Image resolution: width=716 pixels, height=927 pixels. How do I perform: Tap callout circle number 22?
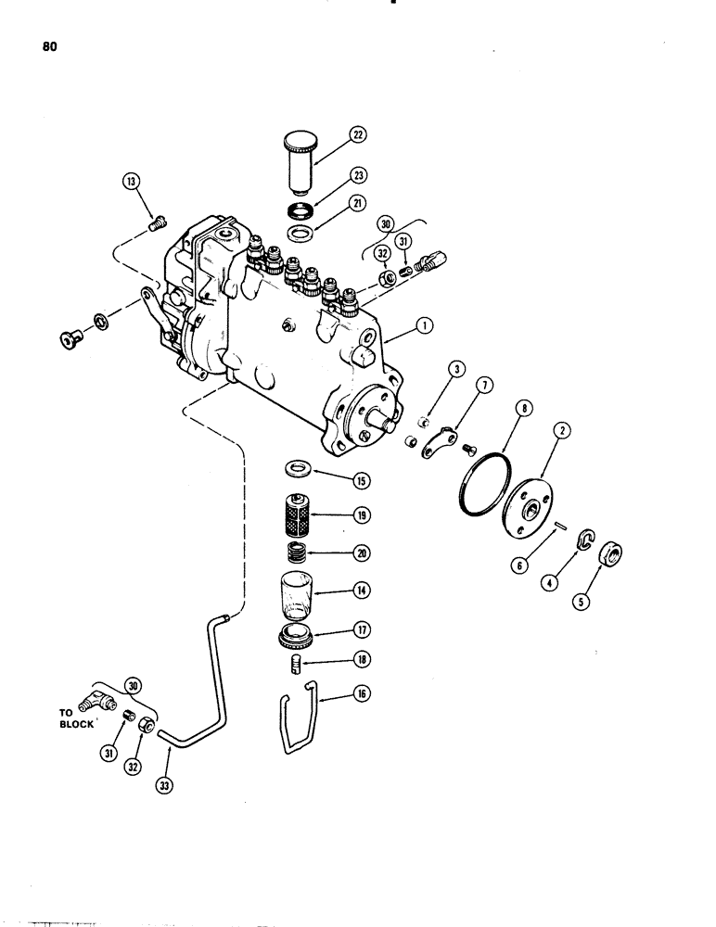pos(357,135)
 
